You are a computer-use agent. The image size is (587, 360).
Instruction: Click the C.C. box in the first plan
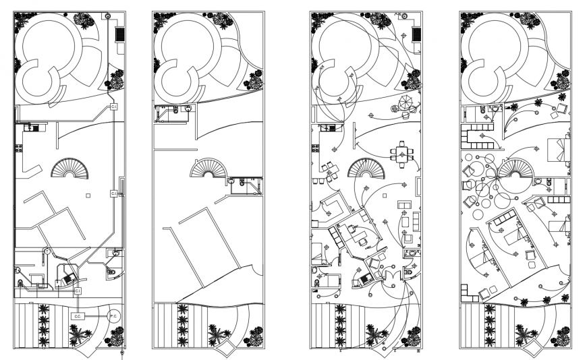78,316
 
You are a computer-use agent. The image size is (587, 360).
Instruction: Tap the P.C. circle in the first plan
113,315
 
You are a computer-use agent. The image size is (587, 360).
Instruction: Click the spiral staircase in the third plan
366,169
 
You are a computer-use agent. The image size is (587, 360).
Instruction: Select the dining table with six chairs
403,152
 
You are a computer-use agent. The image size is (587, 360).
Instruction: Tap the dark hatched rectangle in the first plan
121,32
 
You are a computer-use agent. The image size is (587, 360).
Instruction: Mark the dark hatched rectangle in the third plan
417,32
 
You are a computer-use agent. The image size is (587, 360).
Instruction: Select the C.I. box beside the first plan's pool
114,107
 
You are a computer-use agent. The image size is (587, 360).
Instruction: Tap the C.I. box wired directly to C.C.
78,291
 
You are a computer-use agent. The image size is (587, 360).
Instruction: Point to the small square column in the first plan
88,196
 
